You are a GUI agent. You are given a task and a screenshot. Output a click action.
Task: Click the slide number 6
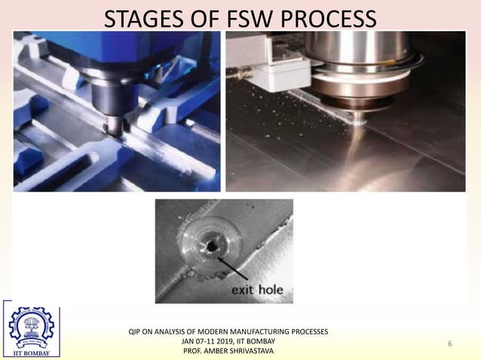click(450, 344)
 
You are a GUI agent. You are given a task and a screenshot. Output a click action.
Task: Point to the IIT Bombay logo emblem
click(31, 326)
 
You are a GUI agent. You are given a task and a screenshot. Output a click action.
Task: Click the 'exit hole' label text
click(256, 289)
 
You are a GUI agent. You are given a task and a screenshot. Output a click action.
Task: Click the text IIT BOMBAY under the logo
click(31, 352)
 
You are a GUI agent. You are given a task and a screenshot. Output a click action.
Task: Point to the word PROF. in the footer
click(195, 351)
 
